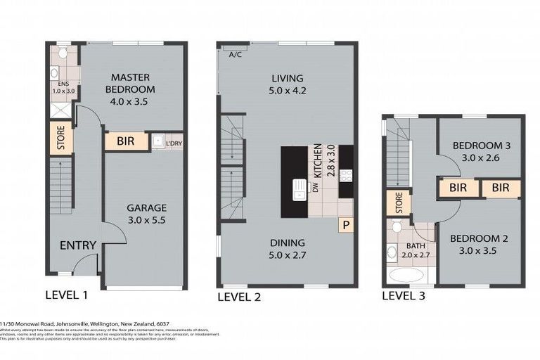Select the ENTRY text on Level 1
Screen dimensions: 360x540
click(x=77, y=245)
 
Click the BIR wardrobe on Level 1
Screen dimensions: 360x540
click(x=127, y=141)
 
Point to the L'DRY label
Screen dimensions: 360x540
click(x=173, y=143)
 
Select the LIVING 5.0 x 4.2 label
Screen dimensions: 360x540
click(x=288, y=84)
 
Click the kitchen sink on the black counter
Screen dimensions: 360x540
click(x=300, y=187)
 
